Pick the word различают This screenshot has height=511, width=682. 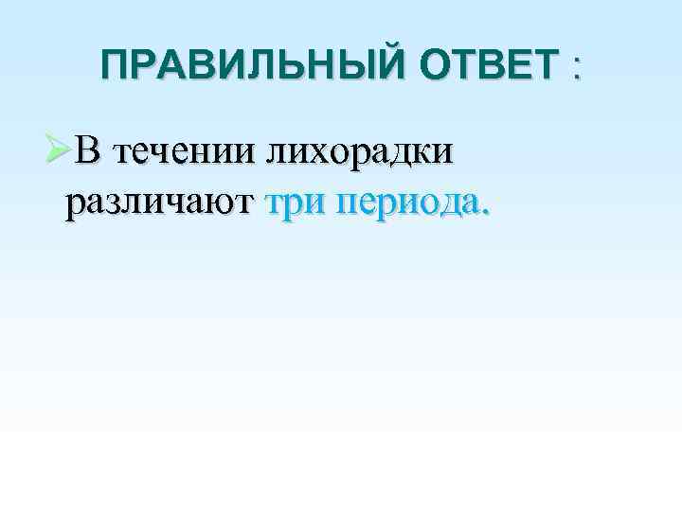tap(159, 202)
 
